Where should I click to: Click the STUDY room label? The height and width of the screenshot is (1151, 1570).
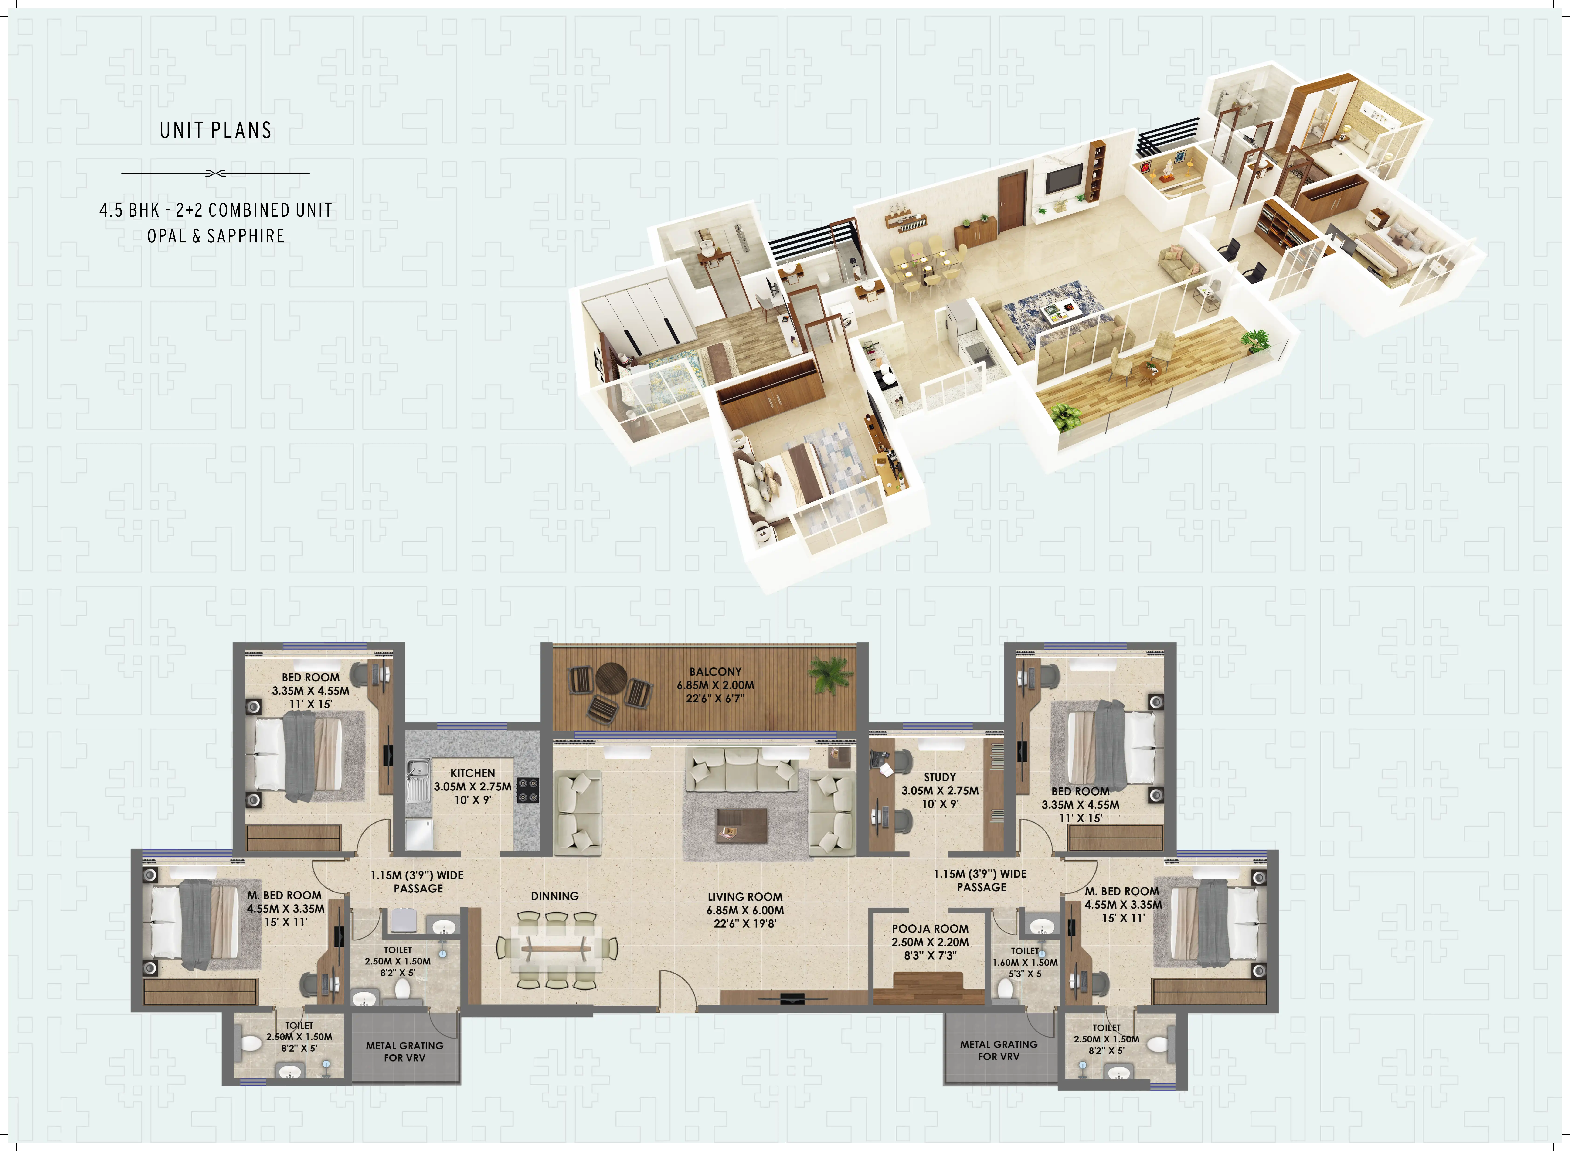940,777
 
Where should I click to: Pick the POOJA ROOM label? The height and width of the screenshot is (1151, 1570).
930,929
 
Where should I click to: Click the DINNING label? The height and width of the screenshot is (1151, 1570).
554,896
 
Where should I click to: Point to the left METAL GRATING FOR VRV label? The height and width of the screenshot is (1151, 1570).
405,1051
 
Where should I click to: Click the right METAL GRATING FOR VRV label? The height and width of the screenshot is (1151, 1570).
998,1050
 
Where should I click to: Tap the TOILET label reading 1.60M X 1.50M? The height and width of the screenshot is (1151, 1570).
1025,962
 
